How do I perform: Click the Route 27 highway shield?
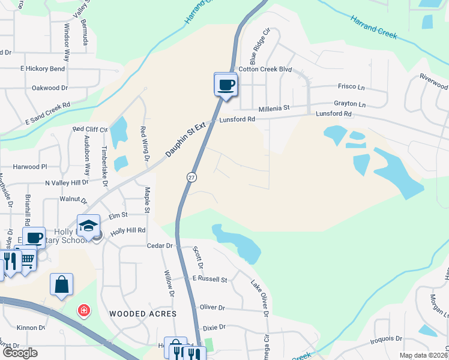(x=191, y=177)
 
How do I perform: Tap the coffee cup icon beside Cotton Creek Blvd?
(x=226, y=85)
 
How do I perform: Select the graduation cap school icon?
(x=88, y=226)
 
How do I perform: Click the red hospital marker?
(x=84, y=310)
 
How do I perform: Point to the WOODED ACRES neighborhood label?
(x=143, y=314)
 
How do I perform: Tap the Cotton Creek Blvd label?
(x=265, y=70)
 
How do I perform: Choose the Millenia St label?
(x=274, y=109)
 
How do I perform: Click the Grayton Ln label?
(x=349, y=104)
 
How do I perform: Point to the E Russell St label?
(x=209, y=280)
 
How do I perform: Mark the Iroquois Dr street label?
(x=390, y=338)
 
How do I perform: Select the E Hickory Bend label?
(x=42, y=69)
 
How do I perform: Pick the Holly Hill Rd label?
(x=128, y=230)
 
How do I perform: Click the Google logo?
(x=20, y=353)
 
